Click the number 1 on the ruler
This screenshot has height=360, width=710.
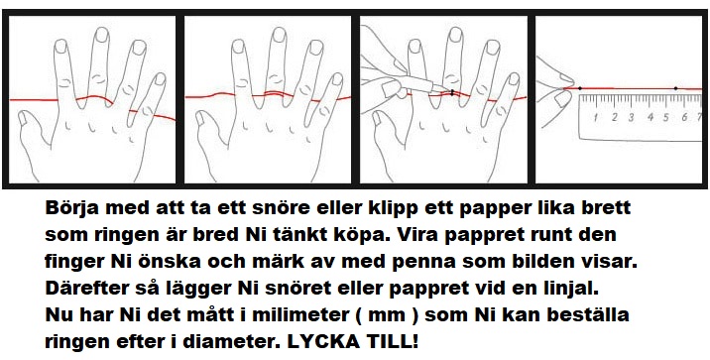point(595,118)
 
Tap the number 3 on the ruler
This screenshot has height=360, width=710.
point(632,118)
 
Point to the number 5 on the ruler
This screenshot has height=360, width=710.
point(666,118)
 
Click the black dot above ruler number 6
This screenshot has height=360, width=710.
point(675,88)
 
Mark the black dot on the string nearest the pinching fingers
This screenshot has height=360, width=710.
point(580,88)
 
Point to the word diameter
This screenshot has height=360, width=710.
point(235,341)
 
